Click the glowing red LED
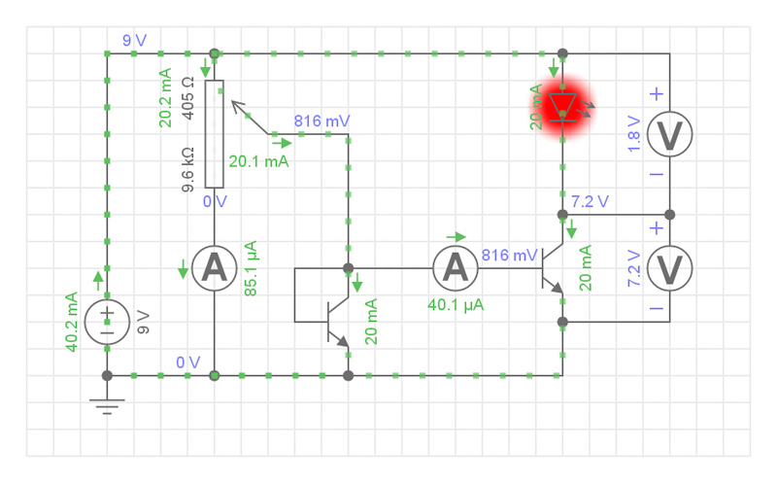click(x=562, y=104)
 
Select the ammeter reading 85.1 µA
click(x=214, y=267)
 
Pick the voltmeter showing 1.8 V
click(x=669, y=136)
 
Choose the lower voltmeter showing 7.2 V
click(x=669, y=267)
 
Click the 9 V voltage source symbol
click(x=107, y=321)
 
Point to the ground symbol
click(x=107, y=400)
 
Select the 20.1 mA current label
click(x=258, y=161)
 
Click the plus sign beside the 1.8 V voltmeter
click(x=657, y=94)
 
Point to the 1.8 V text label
click(x=633, y=135)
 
